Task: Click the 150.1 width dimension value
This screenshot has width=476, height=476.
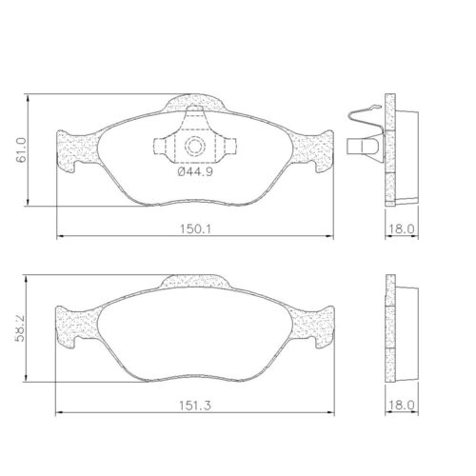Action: click(196, 227)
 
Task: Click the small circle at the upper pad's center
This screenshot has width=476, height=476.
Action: click(194, 147)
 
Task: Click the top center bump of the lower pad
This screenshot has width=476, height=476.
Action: click(197, 282)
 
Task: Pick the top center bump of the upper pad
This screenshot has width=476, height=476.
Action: click(197, 102)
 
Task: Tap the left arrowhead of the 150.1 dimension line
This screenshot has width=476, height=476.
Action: click(61, 234)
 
